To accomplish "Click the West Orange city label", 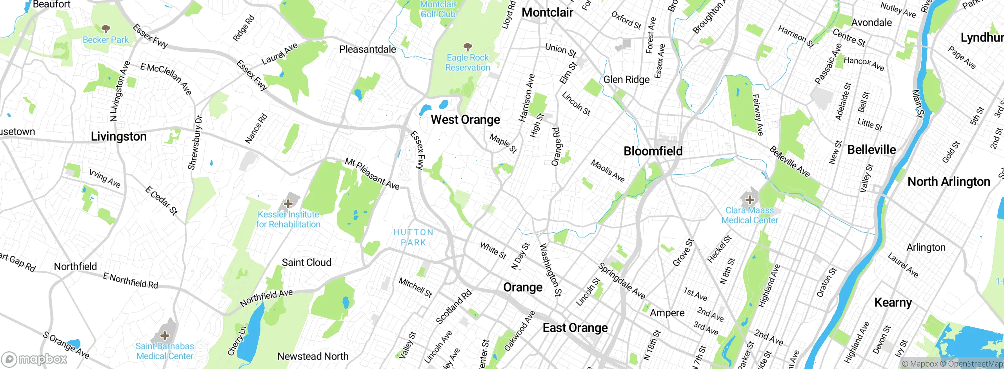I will pyautogui.click(x=466, y=120).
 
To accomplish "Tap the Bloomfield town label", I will pyautogui.click(x=653, y=151).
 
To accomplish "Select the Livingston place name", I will pyautogui.click(x=118, y=137).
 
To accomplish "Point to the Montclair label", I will pyautogui.click(x=547, y=13).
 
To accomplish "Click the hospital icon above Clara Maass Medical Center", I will pyautogui.click(x=749, y=199).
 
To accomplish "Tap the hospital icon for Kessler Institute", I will pyautogui.click(x=288, y=203).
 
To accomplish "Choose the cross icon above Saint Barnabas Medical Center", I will pyautogui.click(x=165, y=335).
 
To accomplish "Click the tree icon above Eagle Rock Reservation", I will pyautogui.click(x=467, y=47).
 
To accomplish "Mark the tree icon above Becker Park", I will pyautogui.click(x=105, y=29).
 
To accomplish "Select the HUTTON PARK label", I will pyautogui.click(x=413, y=237).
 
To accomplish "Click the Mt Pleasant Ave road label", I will pyautogui.click(x=372, y=174).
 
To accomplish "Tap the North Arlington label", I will pyautogui.click(x=949, y=182).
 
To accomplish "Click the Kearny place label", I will pyautogui.click(x=893, y=303).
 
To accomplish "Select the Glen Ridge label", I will pyautogui.click(x=626, y=80).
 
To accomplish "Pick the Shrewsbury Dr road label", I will pyautogui.click(x=195, y=142).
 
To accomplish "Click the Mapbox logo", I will pyautogui.click(x=35, y=359).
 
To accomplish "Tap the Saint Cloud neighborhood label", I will pyautogui.click(x=306, y=262).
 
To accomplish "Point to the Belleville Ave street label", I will pyautogui.click(x=789, y=162).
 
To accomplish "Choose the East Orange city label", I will pyautogui.click(x=575, y=328).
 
